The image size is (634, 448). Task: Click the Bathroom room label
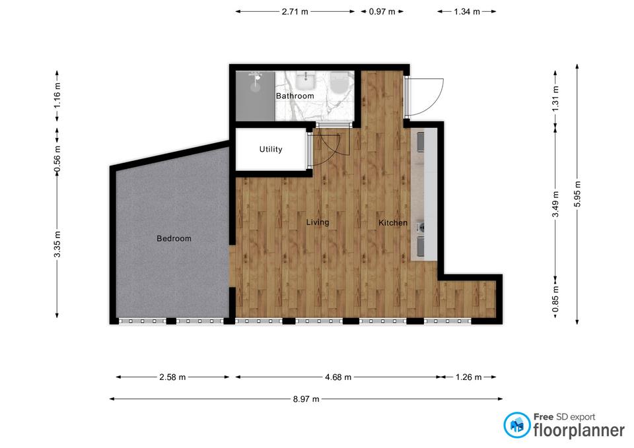coord(295,96)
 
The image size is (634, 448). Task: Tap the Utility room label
coord(271,149)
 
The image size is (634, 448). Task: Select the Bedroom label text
coord(174,238)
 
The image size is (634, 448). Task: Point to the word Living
coord(318,222)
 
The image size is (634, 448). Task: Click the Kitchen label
coord(392,222)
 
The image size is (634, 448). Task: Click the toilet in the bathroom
coord(339,82)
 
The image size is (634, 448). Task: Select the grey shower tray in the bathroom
coord(256,96)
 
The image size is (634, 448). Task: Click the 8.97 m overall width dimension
coord(306,399)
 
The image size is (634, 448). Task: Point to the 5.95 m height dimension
coord(577,194)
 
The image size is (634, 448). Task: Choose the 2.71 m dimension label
coord(295,12)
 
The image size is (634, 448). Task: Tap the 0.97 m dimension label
coord(382,12)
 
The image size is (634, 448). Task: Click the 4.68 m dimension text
coord(338,377)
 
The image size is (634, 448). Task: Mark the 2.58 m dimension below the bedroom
coord(172,377)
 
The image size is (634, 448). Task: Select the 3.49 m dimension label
coord(555,204)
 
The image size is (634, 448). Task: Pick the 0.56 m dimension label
coord(57,160)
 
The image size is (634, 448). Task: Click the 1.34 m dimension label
coord(467,12)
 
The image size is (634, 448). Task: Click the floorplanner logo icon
coord(516,425)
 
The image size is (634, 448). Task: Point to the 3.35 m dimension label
coord(57,244)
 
